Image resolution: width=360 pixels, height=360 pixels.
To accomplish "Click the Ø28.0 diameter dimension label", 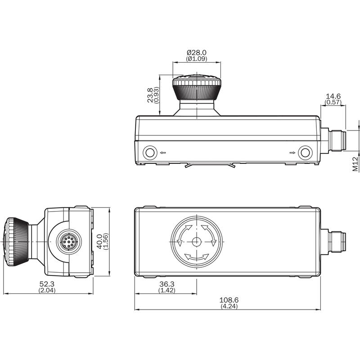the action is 197,53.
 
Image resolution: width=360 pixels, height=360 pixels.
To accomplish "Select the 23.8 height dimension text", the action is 150,95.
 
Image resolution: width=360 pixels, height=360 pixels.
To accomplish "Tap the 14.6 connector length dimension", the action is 333,96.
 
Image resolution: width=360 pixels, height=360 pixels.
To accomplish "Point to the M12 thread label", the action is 355,164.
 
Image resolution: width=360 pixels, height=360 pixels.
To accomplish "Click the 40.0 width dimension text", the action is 99,242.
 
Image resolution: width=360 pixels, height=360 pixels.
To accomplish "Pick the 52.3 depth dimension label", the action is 47,284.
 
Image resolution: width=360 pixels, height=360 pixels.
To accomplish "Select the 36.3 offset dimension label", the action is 167,284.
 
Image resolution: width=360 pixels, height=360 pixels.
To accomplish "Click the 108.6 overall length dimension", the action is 229,300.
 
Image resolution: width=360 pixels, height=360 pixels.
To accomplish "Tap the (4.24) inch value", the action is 229,306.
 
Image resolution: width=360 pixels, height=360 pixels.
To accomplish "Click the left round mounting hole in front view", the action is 150,153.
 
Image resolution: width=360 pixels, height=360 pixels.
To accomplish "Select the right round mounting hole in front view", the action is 305,153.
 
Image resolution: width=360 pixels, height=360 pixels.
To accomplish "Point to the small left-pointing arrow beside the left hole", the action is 163,153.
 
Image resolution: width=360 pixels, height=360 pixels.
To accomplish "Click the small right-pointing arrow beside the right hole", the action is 292,153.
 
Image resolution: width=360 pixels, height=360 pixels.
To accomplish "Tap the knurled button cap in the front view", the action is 197,87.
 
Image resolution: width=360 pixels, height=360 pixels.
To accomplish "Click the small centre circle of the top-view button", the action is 197,242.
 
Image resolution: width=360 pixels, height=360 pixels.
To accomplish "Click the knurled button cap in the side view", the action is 16,242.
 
